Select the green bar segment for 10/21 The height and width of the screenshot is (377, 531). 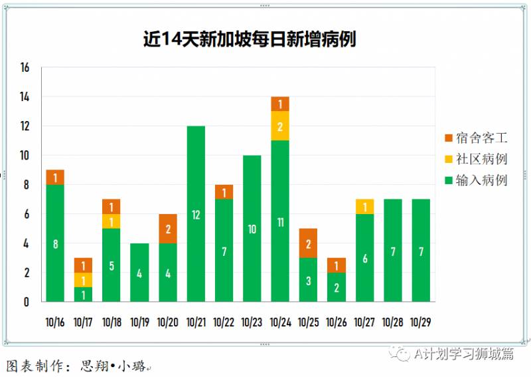point(196,213)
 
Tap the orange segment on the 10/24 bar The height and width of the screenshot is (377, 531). point(280,104)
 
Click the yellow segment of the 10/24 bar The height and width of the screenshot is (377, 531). point(280,126)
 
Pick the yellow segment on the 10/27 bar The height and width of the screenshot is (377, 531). point(364,207)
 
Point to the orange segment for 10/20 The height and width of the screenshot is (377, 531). point(167,228)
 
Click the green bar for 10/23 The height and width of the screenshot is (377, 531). point(252,228)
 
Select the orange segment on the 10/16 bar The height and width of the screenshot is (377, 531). point(55,177)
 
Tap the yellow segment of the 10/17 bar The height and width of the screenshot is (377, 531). point(83,280)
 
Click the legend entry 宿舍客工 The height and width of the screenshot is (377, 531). point(476,138)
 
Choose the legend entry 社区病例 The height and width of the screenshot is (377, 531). point(476,159)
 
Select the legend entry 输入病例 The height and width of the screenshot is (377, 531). point(476,180)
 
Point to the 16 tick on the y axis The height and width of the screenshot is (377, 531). point(25,68)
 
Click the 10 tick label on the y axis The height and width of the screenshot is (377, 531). point(25,156)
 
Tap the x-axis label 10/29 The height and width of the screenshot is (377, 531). point(421,322)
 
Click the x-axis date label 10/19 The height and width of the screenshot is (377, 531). point(139,322)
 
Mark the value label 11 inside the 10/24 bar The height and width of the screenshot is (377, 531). point(280,222)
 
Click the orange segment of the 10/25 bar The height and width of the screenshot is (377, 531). point(308,243)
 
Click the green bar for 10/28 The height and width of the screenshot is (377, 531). point(392,250)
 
